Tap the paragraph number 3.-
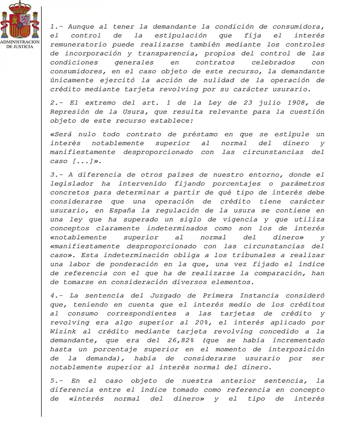(57, 175)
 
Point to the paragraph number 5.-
(57, 381)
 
